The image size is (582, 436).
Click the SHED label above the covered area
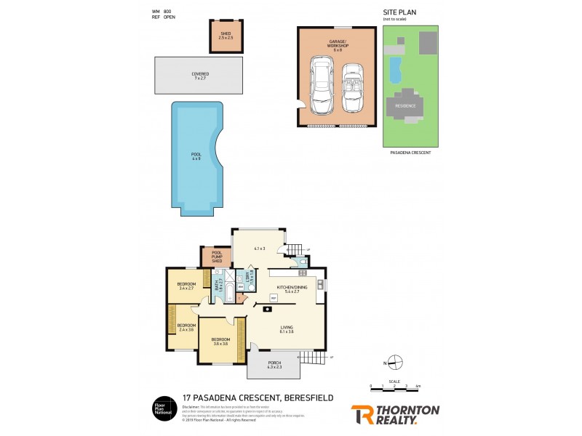click(226, 36)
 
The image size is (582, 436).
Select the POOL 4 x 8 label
click(196, 156)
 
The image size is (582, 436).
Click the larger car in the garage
click(321, 86)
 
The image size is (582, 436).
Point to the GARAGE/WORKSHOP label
click(338, 45)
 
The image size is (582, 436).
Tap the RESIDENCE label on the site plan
click(405, 105)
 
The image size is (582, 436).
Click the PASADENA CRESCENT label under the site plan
click(411, 153)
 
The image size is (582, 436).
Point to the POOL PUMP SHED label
click(216, 257)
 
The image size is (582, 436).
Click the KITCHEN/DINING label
click(290, 288)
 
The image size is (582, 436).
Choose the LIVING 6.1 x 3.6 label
click(287, 329)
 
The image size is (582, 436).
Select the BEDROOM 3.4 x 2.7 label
click(187, 286)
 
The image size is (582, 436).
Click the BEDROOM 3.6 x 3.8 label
click(220, 341)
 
